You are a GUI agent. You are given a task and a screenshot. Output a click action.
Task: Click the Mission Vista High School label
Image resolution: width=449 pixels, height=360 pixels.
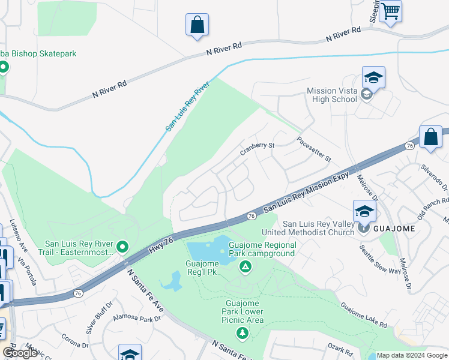click(x=331, y=95)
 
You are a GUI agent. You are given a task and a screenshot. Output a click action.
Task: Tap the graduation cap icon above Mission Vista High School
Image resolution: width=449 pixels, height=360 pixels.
click(x=373, y=78)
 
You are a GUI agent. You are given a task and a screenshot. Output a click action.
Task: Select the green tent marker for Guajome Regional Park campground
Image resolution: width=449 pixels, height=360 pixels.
click(x=245, y=267)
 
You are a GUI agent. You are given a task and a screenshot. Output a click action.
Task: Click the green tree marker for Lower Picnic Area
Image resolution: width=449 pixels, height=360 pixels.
click(x=243, y=333)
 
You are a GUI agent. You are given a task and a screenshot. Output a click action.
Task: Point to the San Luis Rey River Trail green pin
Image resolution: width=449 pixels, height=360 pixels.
click(x=122, y=247)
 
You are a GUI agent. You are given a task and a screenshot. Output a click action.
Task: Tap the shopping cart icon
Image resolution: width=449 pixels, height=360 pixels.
click(x=390, y=11)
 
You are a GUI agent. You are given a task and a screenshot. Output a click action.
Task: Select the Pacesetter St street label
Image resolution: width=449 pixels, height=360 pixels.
click(x=314, y=149)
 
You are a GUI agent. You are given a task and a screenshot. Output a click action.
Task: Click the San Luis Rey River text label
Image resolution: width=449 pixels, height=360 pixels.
click(x=187, y=106)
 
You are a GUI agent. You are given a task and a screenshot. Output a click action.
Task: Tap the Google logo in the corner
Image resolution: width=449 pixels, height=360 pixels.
click(x=20, y=353)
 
